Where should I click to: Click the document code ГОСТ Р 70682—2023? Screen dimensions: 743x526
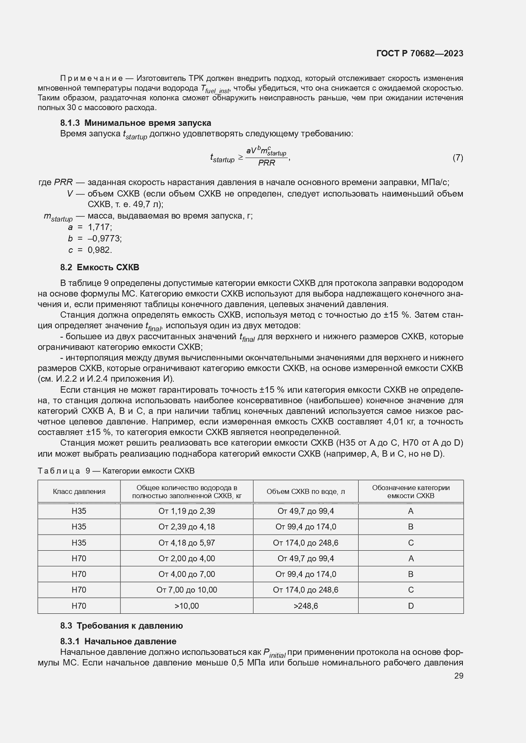pos(419,53)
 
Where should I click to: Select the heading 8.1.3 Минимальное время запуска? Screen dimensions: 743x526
pos(136,123)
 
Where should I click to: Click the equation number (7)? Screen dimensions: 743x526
pos(457,158)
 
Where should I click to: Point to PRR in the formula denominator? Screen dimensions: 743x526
pos(267,163)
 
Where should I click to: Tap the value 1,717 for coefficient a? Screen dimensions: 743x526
pos(100,227)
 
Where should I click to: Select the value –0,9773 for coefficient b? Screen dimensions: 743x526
pos(105,238)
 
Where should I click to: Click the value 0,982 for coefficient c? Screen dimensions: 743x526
pos(100,250)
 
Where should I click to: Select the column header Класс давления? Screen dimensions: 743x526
pos(79,491)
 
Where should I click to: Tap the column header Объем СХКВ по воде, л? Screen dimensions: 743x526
pos(306,491)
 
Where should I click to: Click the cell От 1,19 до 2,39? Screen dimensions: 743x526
pos(186,511)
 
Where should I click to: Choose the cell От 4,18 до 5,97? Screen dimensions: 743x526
pos(186,543)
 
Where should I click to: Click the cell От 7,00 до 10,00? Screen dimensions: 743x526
pos(186,590)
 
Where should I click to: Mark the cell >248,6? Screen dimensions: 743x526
pos(306,606)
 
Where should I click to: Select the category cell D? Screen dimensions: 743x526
pos(410,606)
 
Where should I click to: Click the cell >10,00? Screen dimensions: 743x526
pos(186,606)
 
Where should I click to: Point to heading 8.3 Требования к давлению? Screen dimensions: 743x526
pos(121,626)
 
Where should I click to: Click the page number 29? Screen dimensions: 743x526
pos(459,676)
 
